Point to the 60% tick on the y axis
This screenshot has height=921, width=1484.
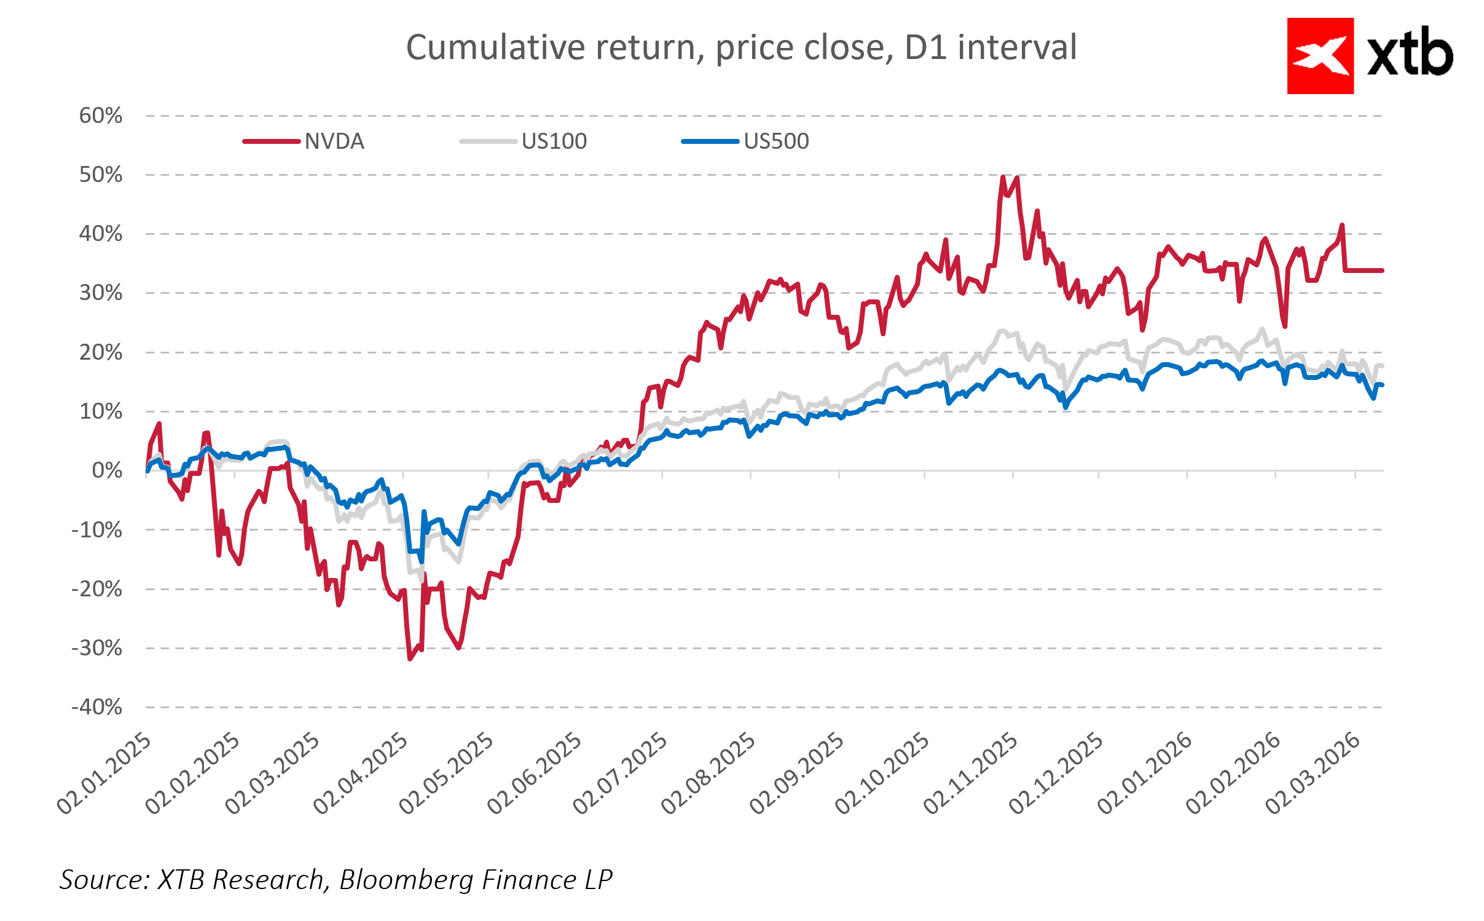[x=101, y=116]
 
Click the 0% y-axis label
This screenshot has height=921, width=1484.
[x=107, y=471]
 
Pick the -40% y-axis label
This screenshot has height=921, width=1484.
[x=97, y=707]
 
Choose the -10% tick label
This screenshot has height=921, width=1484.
[x=97, y=530]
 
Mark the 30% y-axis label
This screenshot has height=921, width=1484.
[x=101, y=293]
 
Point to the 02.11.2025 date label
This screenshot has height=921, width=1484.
[x=972, y=773]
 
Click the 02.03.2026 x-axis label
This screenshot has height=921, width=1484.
[x=1314, y=773]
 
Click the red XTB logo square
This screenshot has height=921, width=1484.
[x=1320, y=56]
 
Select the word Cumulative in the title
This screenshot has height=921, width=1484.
[x=495, y=47]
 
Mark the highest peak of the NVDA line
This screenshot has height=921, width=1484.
[x=1003, y=177]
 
